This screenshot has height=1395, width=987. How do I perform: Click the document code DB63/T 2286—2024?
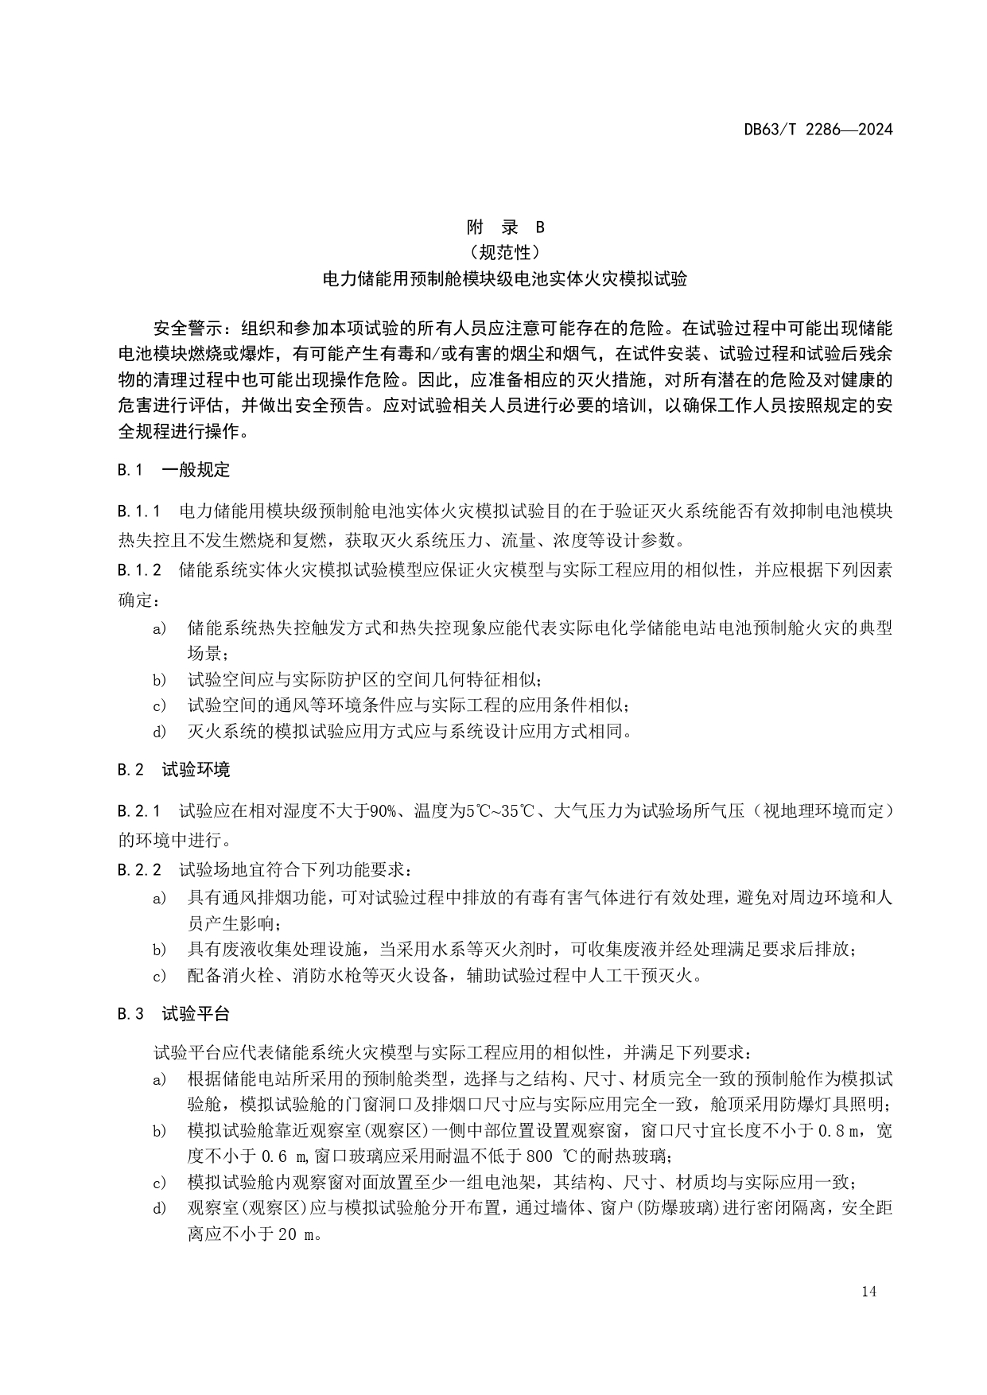(x=818, y=129)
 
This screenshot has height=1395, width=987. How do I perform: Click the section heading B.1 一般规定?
(x=173, y=470)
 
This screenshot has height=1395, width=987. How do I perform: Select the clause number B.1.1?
(x=139, y=511)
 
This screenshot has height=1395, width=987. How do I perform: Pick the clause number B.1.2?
(x=139, y=570)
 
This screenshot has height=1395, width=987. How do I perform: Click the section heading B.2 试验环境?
(x=173, y=770)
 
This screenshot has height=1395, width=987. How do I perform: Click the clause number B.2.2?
(x=139, y=870)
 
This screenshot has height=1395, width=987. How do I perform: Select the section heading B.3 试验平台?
(x=173, y=1014)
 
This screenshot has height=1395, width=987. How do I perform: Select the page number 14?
(x=868, y=1292)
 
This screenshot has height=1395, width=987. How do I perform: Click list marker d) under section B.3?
(x=160, y=1209)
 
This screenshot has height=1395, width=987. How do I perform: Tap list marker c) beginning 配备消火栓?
(x=160, y=975)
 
